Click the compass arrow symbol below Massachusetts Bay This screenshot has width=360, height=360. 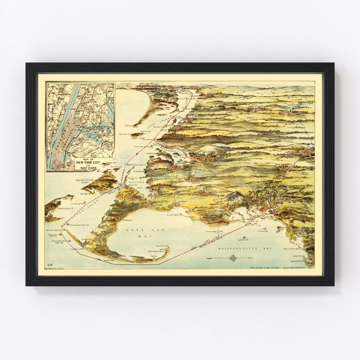click(x=232, y=258)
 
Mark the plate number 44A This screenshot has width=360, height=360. click(x=49, y=264)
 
